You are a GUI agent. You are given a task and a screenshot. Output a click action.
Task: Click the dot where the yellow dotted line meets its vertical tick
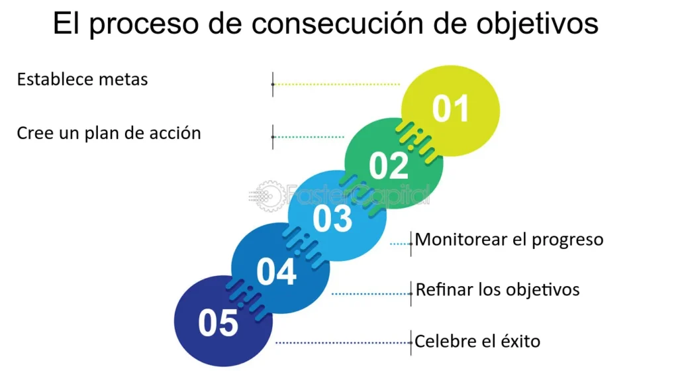point(273,84)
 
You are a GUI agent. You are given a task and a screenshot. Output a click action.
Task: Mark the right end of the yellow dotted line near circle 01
point(399,84)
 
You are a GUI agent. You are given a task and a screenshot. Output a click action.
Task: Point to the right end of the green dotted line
point(344,137)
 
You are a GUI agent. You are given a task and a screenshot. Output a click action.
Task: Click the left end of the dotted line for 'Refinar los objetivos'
point(332,294)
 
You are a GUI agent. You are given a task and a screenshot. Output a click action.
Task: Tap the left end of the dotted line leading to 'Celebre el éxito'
point(276,343)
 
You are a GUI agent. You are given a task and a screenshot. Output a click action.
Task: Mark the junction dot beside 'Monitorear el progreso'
point(411,244)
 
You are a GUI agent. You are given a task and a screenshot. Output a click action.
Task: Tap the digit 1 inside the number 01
point(461,108)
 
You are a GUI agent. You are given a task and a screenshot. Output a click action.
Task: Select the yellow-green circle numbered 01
point(450,111)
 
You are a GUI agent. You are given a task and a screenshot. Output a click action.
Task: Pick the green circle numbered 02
point(394,164)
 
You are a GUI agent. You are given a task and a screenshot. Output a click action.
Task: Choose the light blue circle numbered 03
point(337,216)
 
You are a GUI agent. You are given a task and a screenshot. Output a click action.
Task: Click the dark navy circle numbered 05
point(224,321)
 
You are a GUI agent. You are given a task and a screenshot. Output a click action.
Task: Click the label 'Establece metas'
point(82,79)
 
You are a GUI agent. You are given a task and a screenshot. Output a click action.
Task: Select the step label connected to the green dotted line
point(109,133)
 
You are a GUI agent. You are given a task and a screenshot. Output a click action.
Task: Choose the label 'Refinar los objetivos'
point(497,289)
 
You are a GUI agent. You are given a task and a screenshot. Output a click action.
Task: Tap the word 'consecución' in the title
point(337,23)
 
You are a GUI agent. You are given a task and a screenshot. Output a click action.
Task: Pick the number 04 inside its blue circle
point(276,271)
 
